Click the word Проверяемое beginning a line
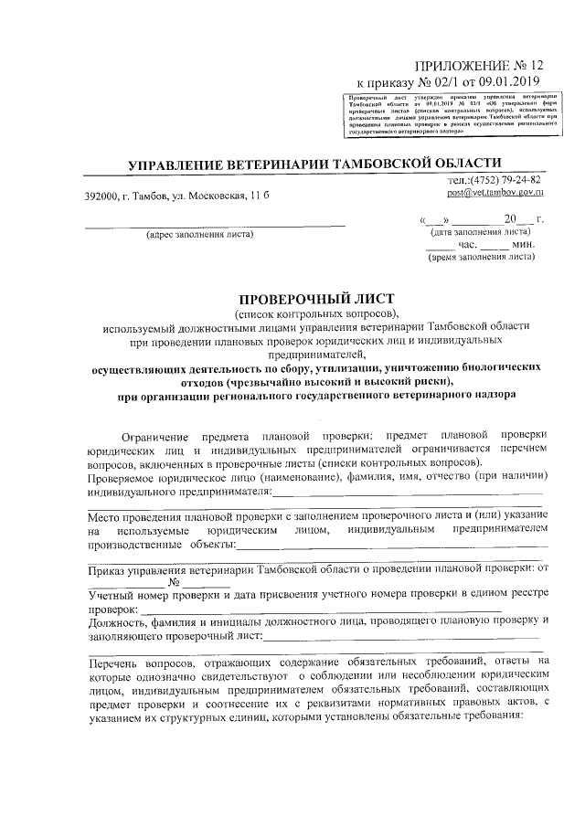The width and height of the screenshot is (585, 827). click(x=124, y=477)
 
